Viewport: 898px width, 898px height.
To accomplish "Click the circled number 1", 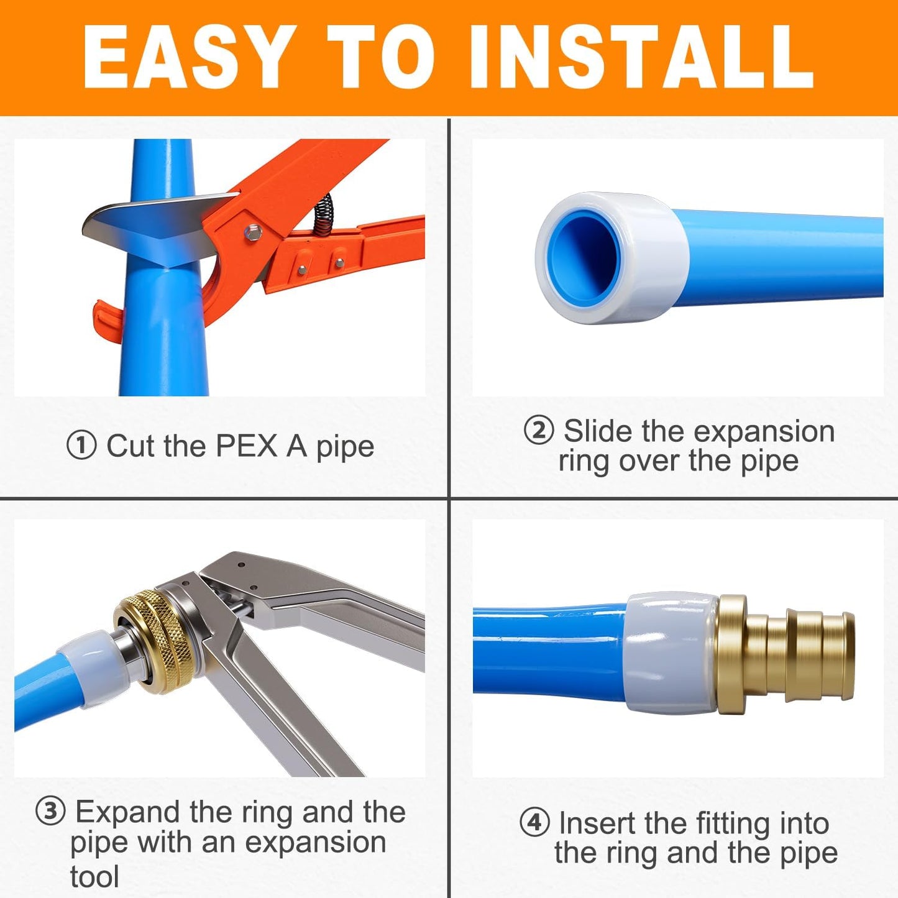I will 81,446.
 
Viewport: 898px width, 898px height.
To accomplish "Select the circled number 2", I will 538,430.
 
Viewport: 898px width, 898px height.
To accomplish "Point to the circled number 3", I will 50,811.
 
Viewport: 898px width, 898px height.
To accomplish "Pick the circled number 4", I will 534,822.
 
